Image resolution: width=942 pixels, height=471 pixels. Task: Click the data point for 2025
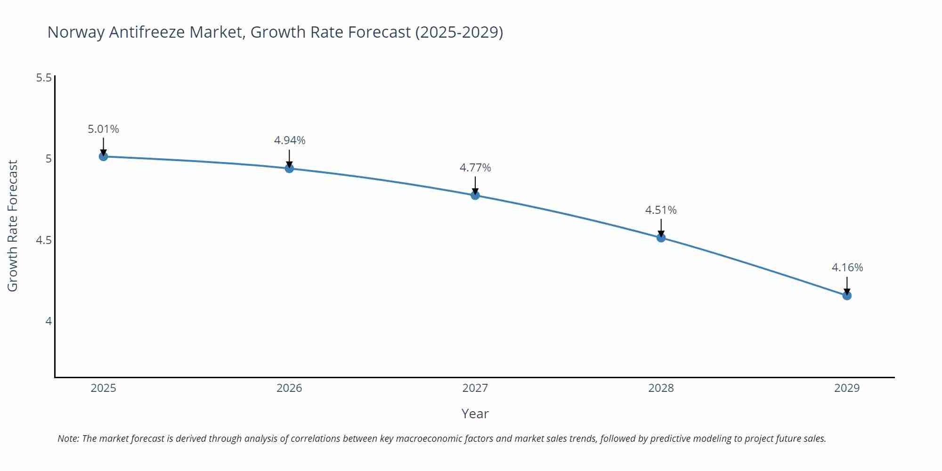(103, 156)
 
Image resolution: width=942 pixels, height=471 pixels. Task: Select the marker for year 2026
(289, 168)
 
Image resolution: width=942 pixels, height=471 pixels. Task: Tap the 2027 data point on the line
(475, 195)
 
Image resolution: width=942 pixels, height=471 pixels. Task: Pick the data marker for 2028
(661, 238)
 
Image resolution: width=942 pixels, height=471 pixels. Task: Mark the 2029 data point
(846, 296)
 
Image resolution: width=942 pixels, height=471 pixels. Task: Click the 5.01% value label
(103, 129)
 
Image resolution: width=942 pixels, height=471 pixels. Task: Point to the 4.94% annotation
(289, 140)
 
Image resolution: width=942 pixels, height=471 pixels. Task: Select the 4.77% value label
(475, 168)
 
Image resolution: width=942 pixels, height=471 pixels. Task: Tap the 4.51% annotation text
(661, 210)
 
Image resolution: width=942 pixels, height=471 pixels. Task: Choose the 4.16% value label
(847, 268)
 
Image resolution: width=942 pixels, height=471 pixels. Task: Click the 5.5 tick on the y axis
(44, 78)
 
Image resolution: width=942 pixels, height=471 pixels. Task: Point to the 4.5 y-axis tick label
(44, 240)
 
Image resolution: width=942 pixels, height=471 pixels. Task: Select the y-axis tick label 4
(48, 321)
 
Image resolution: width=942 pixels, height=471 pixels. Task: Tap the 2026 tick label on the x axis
(289, 388)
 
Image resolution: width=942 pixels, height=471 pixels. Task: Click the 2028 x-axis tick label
(661, 388)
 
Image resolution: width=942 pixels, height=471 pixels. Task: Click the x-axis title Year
(475, 414)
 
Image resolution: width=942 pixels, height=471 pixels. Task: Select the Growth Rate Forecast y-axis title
(13, 226)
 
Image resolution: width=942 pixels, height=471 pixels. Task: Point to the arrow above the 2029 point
(846, 285)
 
